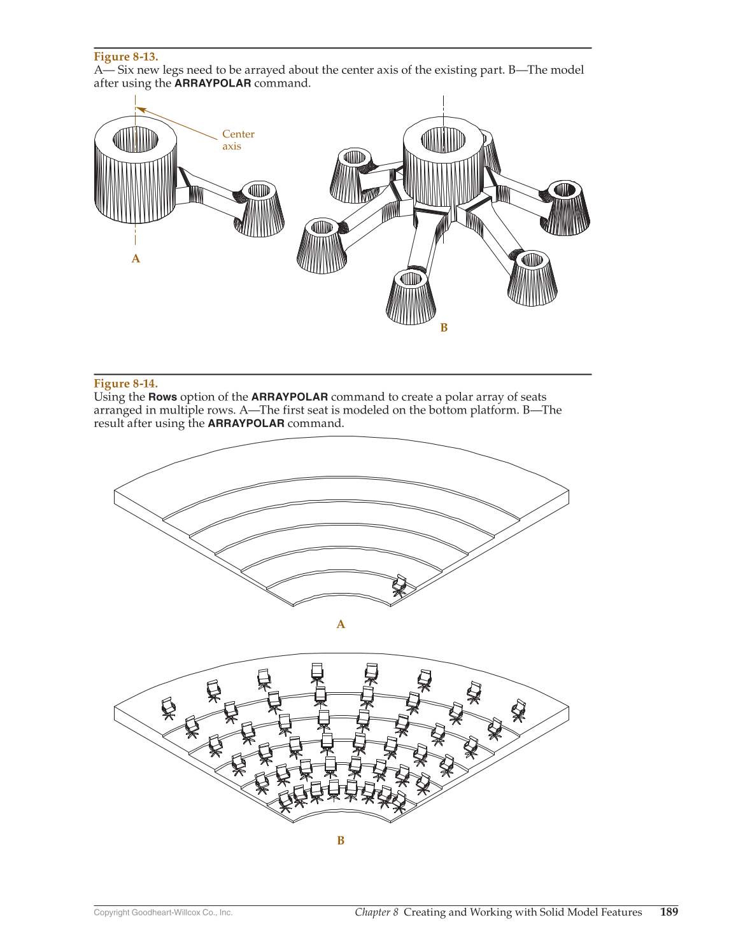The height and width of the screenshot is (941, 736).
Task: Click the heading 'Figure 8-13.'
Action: (125, 57)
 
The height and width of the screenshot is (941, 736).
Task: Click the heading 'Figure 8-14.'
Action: (125, 383)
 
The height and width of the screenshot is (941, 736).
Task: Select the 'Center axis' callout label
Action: (237, 140)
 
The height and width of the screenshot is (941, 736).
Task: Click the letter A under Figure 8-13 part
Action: (136, 258)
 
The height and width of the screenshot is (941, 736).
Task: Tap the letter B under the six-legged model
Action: (444, 327)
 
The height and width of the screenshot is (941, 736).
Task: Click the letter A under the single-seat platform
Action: (341, 624)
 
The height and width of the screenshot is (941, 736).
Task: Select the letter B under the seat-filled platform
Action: (341, 840)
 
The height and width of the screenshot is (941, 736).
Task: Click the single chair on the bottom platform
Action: (399, 585)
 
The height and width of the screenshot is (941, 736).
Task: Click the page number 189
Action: (669, 912)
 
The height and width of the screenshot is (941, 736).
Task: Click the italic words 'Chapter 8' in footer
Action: (376, 912)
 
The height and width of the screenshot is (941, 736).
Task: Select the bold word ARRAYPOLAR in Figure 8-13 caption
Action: (213, 83)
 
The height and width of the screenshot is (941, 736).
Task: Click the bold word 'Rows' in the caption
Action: (162, 397)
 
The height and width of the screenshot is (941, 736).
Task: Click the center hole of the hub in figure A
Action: (136, 139)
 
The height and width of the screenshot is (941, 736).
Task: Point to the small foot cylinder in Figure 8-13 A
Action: (260, 208)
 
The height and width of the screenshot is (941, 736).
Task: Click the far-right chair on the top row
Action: (519, 710)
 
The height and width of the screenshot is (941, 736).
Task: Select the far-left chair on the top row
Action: (168, 708)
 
